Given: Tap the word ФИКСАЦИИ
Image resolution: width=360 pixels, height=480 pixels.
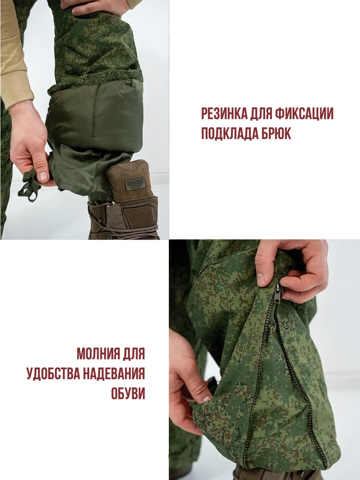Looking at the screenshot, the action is pyautogui.click(x=304, y=113).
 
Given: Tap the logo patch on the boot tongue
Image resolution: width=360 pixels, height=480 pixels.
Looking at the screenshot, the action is pyautogui.click(x=135, y=184).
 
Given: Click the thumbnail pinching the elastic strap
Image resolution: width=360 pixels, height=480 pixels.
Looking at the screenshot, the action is pyautogui.click(x=44, y=176).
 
